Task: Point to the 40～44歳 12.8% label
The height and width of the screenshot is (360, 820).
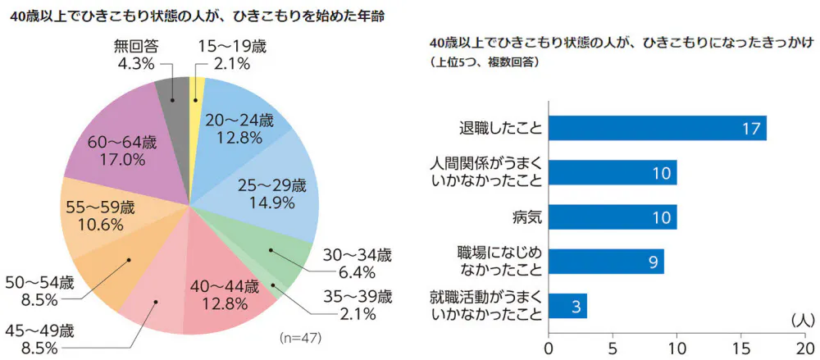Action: [224, 296]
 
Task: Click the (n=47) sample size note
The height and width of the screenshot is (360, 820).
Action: [299, 337]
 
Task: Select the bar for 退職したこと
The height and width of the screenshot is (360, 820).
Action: [657, 129]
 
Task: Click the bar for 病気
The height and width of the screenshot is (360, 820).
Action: [612, 217]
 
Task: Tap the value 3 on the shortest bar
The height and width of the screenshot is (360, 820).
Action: [576, 307]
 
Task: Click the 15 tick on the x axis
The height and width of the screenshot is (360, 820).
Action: [741, 345]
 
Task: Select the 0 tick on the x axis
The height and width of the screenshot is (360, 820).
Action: [549, 345]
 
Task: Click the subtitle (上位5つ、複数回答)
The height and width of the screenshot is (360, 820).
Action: [483, 62]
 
